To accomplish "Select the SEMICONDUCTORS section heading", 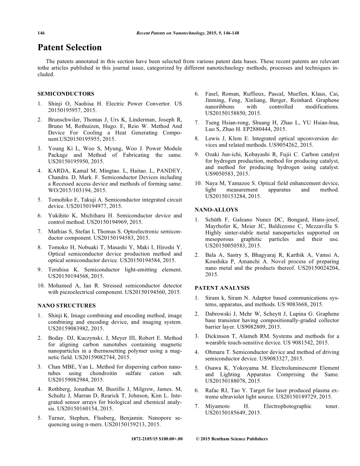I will pos(66,94).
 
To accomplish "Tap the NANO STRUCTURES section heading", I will pos(66,305).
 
